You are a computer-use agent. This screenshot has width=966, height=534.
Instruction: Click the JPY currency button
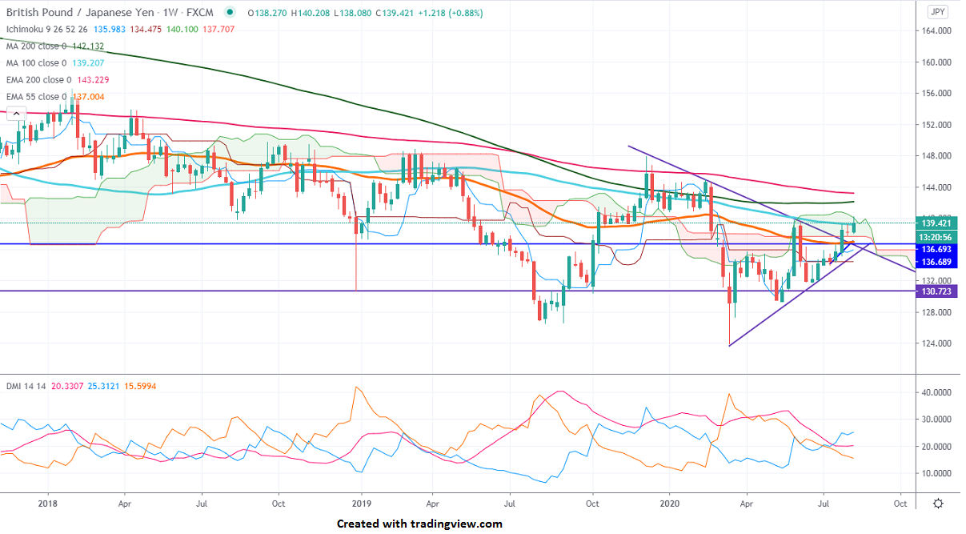[x=938, y=12]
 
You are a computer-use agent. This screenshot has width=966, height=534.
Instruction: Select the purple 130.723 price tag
[x=937, y=291]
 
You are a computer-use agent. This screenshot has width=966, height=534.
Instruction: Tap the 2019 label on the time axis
[x=361, y=504]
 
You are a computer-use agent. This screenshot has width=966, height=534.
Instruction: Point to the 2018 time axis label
[x=47, y=504]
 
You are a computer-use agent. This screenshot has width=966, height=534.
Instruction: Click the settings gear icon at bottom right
[x=938, y=504]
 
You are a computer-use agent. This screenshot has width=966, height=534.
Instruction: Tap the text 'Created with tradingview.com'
[x=419, y=524]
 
